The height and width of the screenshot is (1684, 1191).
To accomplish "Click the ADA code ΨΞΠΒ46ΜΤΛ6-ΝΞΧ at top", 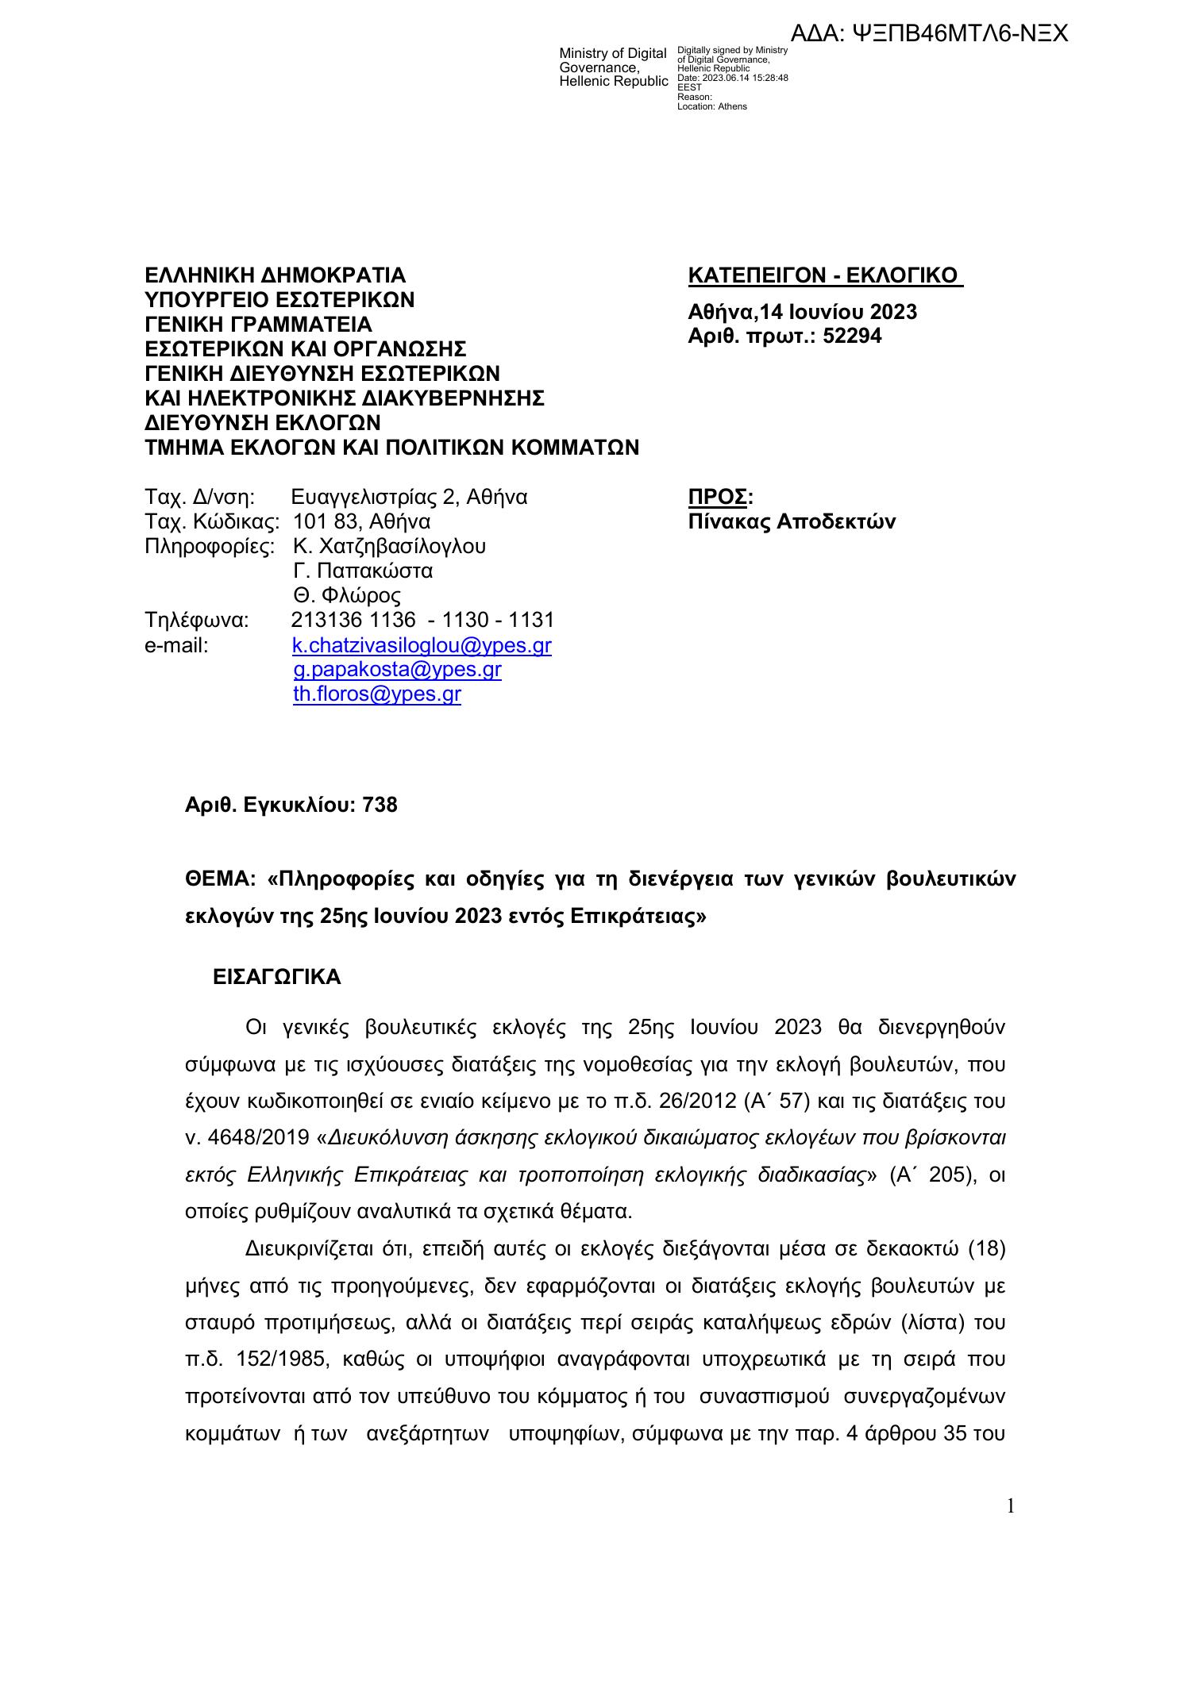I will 929,33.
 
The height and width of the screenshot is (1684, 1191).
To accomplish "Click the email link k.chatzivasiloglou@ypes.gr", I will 422,645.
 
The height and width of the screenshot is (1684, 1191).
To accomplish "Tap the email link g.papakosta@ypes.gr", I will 397,670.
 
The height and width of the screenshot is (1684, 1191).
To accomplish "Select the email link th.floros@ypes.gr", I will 377,694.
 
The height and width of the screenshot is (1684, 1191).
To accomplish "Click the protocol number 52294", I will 852,336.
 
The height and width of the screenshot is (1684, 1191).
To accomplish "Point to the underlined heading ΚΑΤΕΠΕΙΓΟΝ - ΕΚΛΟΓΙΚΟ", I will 824,276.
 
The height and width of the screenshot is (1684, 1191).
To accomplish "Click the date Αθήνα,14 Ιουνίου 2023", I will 802,312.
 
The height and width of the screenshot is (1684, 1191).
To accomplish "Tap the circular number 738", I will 380,805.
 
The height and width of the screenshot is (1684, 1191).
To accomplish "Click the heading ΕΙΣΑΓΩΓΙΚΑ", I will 277,977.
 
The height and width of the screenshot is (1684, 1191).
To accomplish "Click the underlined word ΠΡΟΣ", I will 717,498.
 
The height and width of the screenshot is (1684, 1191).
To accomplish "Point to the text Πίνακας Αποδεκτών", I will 792,522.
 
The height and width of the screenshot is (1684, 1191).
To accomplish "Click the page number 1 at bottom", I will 1011,1506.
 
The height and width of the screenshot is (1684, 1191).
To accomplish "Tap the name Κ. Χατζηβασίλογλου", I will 389,547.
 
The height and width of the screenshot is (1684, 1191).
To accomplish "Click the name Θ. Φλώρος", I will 347,596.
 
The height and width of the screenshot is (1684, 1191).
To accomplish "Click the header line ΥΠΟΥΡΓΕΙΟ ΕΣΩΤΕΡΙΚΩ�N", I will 279,300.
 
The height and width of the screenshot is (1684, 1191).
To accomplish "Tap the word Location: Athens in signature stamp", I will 711,106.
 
